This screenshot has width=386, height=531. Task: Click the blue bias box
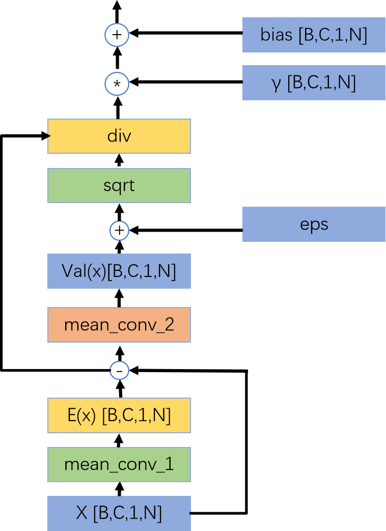coord(314,35)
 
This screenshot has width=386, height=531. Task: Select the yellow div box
coord(119,136)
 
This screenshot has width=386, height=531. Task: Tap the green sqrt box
coord(119,185)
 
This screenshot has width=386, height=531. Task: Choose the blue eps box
coord(314,224)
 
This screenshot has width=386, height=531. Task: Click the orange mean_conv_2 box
coord(119,324)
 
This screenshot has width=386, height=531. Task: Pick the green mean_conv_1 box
coord(119,464)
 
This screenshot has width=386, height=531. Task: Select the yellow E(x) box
coord(119,415)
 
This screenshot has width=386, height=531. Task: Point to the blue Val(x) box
coord(119,271)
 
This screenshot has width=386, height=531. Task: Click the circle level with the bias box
coord(117,35)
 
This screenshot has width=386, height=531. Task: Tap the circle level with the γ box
coord(117,84)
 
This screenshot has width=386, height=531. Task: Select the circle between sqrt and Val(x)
coord(119,231)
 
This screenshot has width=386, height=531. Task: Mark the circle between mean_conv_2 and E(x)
coord(119,370)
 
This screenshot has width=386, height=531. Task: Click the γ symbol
coord(277,83)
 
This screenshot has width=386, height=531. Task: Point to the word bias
coord(277,35)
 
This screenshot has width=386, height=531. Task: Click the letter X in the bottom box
coord(81,513)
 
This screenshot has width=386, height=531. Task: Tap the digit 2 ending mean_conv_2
coord(170,324)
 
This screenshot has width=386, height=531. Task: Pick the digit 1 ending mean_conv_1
coord(170,464)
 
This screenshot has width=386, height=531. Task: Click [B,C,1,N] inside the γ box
coord(321,82)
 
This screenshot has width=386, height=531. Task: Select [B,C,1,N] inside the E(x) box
coord(136,415)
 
